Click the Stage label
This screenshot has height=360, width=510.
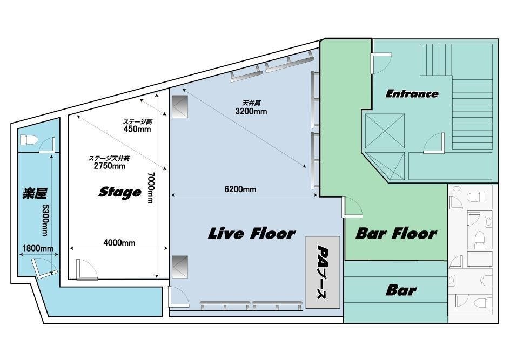pyautogui.click(x=120, y=192)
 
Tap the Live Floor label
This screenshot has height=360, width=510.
pyautogui.click(x=251, y=233)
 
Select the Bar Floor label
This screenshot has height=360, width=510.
pyautogui.click(x=396, y=233)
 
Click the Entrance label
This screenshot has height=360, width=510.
pyautogui.click(x=412, y=94)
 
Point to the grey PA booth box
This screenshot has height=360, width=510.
pyautogui.click(x=323, y=272)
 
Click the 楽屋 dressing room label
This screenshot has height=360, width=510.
pyautogui.click(x=35, y=193)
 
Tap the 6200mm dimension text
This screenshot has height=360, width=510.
pyautogui.click(x=240, y=189)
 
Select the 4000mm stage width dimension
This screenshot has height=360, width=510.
pyautogui.click(x=119, y=243)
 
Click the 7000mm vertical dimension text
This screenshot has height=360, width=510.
pyautogui.click(x=151, y=188)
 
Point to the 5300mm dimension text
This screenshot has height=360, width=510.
pyautogui.click(x=45, y=220)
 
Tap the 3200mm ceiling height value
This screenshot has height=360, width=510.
pyautogui.click(x=251, y=111)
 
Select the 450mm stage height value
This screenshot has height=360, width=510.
pyautogui.click(x=137, y=129)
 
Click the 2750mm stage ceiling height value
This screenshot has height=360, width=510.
pyautogui.click(x=110, y=166)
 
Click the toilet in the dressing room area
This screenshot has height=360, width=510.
pyautogui.click(x=29, y=140)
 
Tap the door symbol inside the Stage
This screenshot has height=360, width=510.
pyautogui.click(x=86, y=269)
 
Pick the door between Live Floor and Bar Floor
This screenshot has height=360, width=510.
pyautogui.click(x=352, y=207)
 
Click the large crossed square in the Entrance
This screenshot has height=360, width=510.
pyautogui.click(x=385, y=131)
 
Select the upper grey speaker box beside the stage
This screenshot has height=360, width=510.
pyautogui.click(x=180, y=106)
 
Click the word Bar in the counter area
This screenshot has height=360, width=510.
pyautogui.click(x=401, y=290)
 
